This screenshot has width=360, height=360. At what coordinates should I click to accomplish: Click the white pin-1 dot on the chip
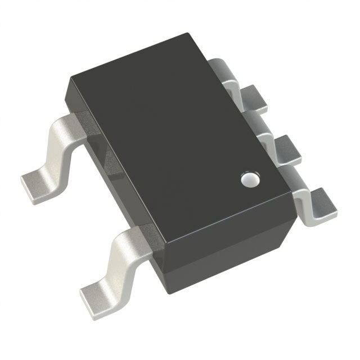249,179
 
